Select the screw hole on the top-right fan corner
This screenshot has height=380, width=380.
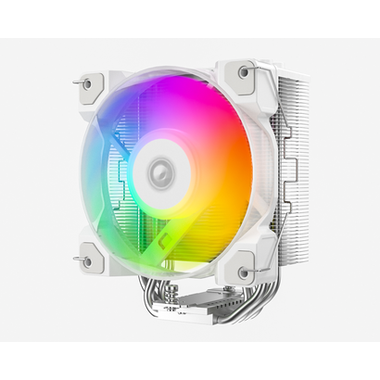click(x=244, y=71)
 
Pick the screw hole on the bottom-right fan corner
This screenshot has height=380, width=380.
click(x=245, y=272)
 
